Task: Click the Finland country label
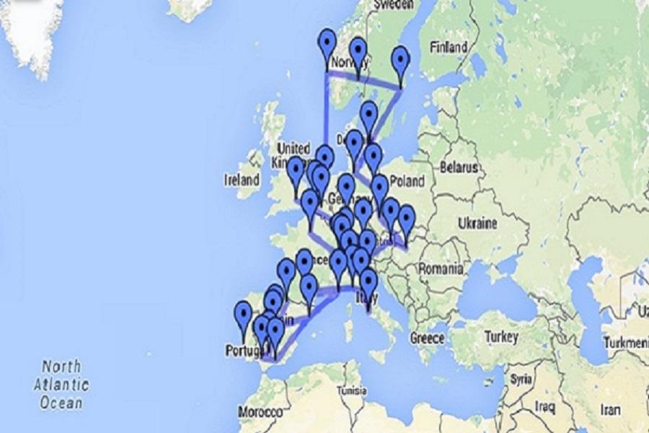pos(448,48)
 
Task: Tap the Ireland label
pos(242,179)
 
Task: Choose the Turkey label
pos(501,337)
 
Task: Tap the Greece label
pos(428,338)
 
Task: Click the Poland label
pos(408,180)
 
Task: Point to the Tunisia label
pos(353,391)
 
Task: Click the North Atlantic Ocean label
pos(61,384)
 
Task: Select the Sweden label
pos(394,5)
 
